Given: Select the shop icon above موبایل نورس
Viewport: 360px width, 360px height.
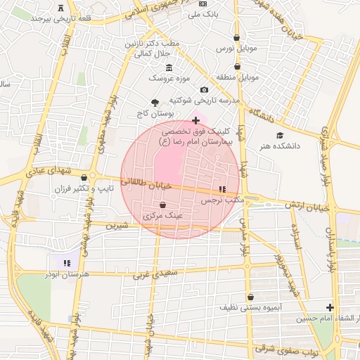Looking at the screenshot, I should click(x=236, y=38).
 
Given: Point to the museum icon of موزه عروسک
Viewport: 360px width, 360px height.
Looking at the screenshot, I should click(x=168, y=67).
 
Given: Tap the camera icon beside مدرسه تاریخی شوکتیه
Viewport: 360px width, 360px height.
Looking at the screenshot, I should click(x=204, y=90).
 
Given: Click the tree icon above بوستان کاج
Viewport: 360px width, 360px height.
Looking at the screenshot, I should click(x=155, y=102).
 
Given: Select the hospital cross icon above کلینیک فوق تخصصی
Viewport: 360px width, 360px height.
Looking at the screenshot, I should click(x=195, y=121).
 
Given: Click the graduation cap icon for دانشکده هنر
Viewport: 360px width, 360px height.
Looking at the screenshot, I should click(x=280, y=135).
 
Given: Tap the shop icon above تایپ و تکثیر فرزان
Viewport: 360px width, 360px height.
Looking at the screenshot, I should click(x=84, y=177).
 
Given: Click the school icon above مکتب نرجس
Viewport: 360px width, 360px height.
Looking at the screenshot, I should click(x=222, y=189).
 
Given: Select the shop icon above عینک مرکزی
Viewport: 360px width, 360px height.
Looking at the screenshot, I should click(x=162, y=205).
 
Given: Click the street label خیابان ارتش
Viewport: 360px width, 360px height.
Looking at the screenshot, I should click(x=307, y=205).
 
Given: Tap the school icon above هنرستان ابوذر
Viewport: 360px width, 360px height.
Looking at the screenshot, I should click(x=67, y=263).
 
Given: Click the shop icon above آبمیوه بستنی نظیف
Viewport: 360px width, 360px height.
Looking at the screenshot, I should click(x=250, y=297).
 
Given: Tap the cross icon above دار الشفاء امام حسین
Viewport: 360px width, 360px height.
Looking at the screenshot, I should click(x=330, y=307).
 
